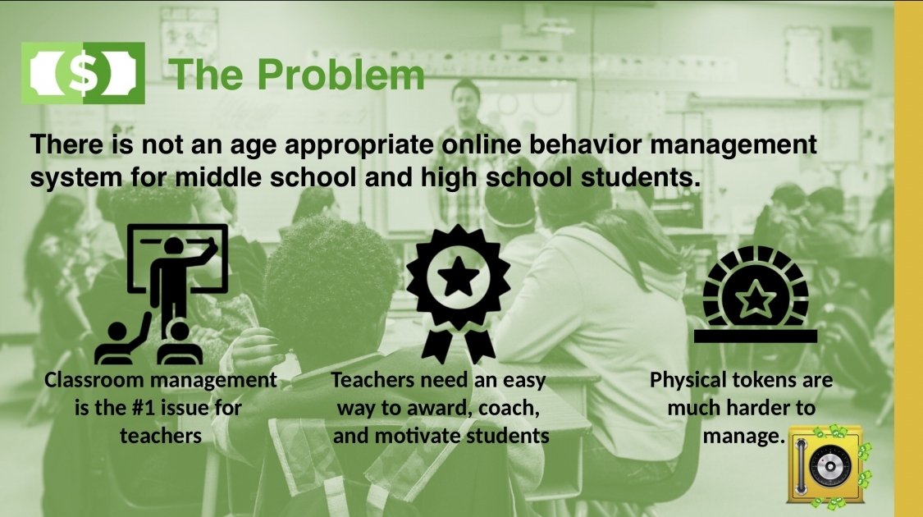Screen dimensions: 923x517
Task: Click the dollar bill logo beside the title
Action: click(83, 73)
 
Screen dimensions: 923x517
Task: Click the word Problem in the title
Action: click(340, 75)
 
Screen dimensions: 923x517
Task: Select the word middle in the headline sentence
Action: click(217, 177)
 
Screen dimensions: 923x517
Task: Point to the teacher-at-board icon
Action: click(162, 294)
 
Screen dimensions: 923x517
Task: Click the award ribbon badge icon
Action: click(458, 294)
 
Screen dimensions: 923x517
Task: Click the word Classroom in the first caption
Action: click(94, 380)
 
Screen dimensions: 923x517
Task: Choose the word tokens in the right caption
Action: click(766, 380)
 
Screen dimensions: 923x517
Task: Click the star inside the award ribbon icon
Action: click(458, 277)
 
